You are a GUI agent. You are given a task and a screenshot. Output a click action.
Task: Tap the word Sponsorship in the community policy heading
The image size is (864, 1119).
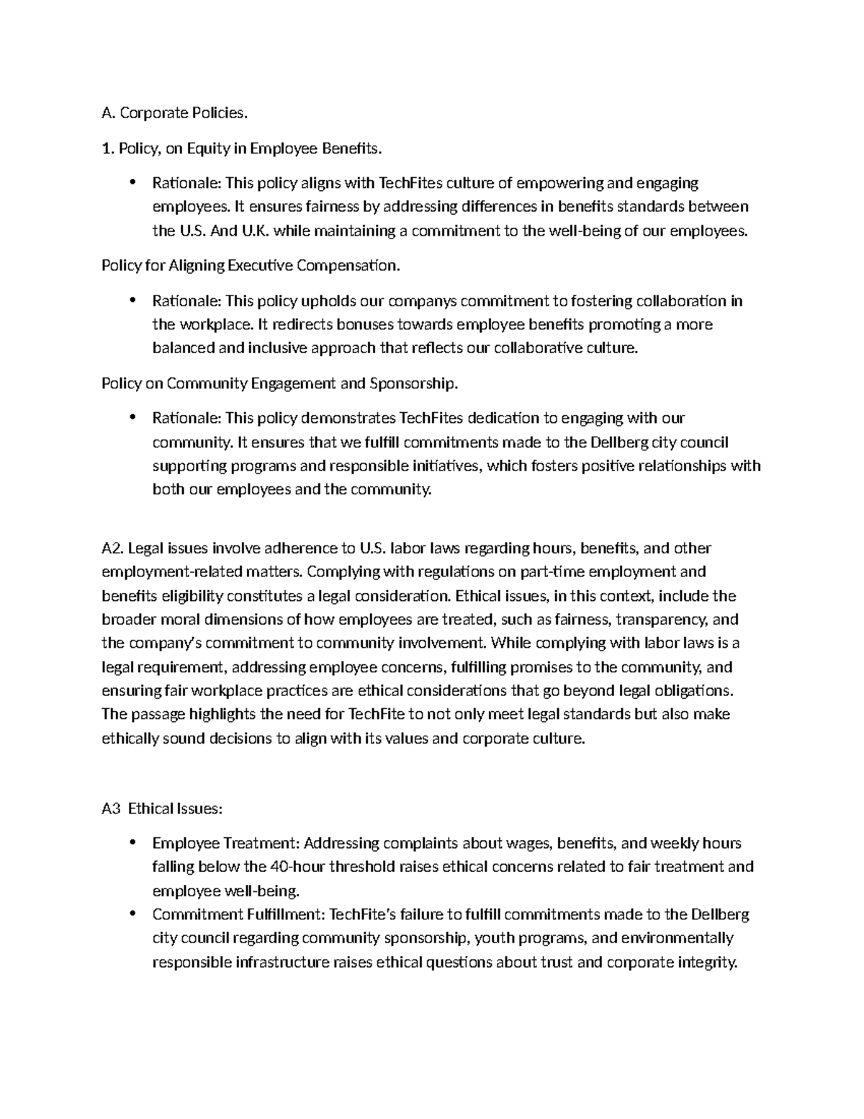413,383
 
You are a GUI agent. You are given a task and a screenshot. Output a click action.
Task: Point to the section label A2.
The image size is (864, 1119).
113,548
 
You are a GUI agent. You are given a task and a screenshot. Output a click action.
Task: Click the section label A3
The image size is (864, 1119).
111,808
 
